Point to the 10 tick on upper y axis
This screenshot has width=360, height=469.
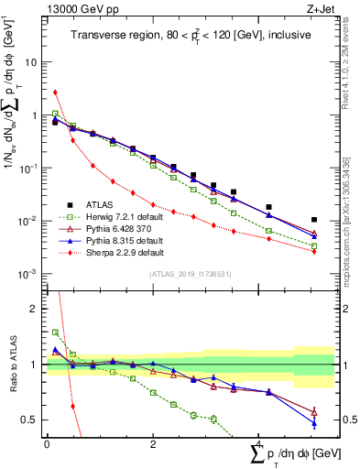tap(32, 63)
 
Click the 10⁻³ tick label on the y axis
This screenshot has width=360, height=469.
tap(29, 275)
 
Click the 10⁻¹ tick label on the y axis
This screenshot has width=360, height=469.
tap(29, 169)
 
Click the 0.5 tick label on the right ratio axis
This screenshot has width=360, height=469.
tap(348, 420)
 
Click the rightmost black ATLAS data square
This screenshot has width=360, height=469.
tap(314, 220)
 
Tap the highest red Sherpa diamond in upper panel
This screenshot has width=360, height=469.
tap(56, 92)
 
